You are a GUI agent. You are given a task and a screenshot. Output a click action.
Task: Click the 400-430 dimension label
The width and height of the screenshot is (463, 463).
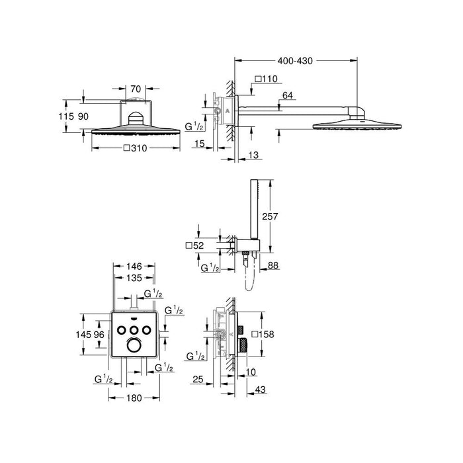(294, 60)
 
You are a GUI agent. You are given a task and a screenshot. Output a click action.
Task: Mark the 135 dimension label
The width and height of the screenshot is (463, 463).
(134, 278)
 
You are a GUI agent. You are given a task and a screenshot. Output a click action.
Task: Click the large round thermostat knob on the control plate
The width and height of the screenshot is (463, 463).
(134, 347)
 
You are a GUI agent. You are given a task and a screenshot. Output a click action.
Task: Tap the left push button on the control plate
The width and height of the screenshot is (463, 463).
(122, 329)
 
